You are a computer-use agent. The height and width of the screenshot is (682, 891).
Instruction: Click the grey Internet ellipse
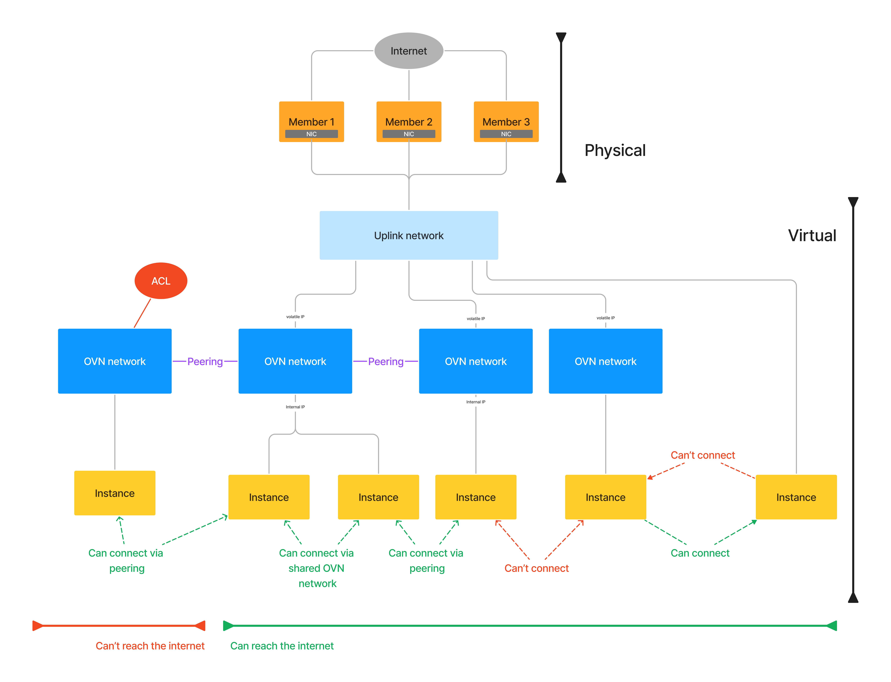(x=409, y=51)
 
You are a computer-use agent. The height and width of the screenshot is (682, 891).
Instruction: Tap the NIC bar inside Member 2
(x=409, y=134)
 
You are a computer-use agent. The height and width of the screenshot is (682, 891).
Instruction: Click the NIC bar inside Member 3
(x=506, y=134)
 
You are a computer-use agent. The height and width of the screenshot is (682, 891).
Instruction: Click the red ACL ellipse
(x=161, y=281)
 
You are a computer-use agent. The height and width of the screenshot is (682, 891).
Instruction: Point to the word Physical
(x=615, y=151)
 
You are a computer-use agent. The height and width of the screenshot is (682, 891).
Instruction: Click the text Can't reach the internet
(x=150, y=646)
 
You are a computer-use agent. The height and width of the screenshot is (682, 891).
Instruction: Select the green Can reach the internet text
(x=282, y=646)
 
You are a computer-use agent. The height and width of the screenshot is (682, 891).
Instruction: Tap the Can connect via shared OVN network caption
(x=316, y=568)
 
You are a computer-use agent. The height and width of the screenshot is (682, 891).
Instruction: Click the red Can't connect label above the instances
(x=703, y=455)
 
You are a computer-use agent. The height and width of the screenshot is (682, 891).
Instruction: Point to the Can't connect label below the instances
(x=536, y=568)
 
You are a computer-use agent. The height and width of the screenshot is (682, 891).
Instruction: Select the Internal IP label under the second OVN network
(x=295, y=407)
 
